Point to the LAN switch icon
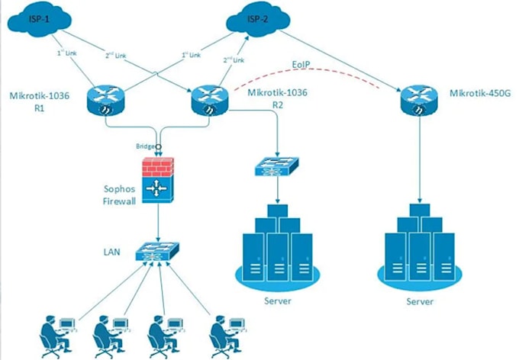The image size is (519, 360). click(159, 251)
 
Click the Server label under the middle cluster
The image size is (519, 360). click(279, 300)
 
